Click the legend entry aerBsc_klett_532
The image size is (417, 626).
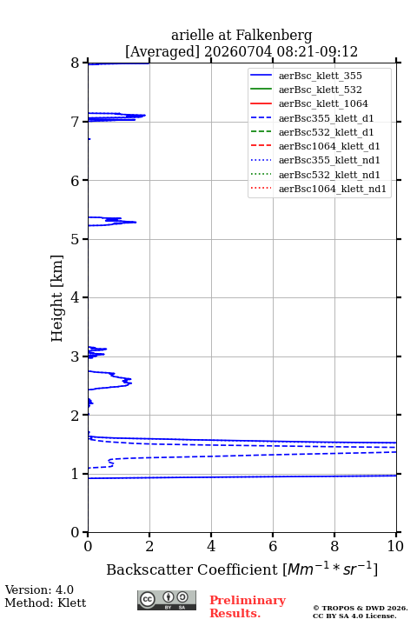(306, 90)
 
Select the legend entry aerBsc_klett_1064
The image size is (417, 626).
(309, 103)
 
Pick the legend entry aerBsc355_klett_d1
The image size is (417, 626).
(312, 118)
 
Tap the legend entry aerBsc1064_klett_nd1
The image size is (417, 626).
(319, 189)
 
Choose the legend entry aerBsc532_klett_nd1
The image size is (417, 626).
(315, 175)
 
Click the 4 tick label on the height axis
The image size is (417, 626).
(75, 297)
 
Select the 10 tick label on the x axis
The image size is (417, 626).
(395, 546)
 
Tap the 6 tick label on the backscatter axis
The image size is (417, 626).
(273, 546)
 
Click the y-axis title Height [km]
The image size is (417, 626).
(56, 298)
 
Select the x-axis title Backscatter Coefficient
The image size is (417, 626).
(191, 569)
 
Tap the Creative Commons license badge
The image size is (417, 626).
(167, 601)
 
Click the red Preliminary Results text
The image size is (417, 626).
(248, 607)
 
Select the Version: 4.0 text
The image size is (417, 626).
(39, 590)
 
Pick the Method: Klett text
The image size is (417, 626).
(45, 603)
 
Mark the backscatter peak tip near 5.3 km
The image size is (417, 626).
(136, 222)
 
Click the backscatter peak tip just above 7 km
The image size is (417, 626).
(145, 116)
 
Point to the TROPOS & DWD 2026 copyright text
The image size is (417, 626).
(361, 608)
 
